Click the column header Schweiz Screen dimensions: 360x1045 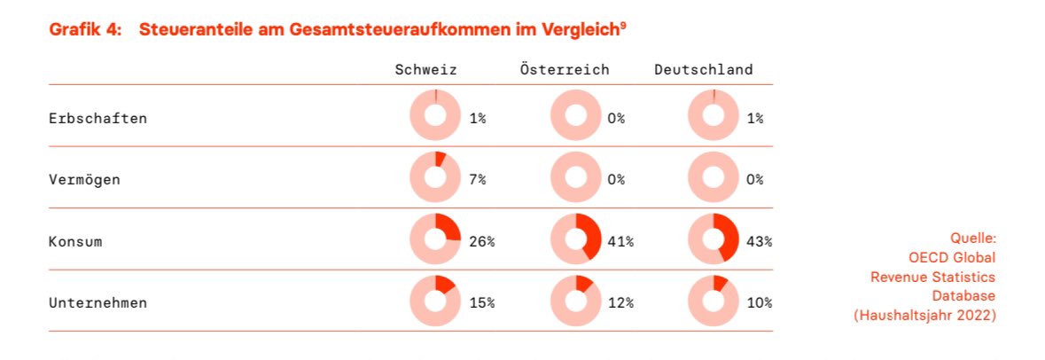426,69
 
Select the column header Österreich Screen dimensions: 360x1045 565,69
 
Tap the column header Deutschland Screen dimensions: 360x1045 704,69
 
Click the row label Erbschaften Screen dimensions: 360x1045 97,117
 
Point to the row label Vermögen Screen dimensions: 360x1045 84,179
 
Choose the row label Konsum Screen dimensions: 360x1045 75,240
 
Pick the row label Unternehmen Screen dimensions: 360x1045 97,302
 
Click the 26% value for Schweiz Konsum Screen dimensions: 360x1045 481,240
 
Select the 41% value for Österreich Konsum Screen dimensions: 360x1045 620,240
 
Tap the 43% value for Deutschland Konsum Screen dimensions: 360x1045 759,240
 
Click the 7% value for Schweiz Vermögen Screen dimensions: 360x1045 478,179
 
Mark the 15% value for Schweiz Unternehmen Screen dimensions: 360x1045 481,302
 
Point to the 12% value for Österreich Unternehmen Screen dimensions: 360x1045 620,302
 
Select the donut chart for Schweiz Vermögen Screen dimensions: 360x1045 435,177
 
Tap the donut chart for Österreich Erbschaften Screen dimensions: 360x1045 575,115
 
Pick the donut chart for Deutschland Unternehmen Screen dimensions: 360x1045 713,301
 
